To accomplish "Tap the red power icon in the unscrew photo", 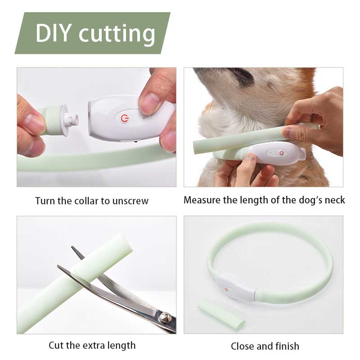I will click(124, 118).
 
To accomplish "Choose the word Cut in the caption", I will click(57, 346).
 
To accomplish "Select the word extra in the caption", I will click(94, 346).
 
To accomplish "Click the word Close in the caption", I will click(243, 346).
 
